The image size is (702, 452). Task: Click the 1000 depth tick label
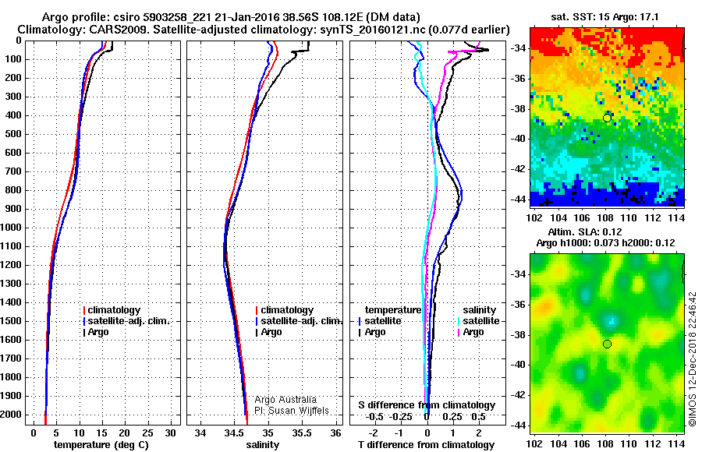click(13, 228)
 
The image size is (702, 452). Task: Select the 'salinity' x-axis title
click(264, 445)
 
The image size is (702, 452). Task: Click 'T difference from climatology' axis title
click(426, 445)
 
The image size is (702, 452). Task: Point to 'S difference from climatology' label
click(426, 405)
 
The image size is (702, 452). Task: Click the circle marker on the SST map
click(607, 118)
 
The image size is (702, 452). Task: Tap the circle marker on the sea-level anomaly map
click(607, 344)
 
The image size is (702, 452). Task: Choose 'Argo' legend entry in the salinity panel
click(271, 332)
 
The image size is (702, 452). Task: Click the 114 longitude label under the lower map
click(677, 443)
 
